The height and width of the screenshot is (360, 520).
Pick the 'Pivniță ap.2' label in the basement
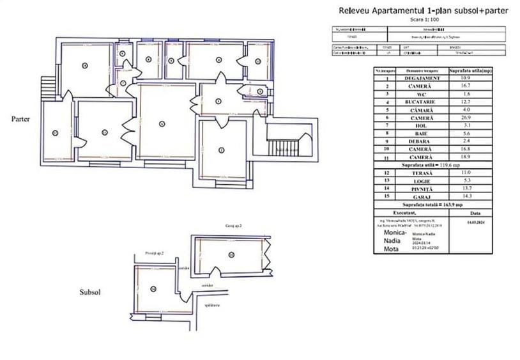(155, 253)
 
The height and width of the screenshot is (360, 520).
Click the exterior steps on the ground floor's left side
(46, 86)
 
